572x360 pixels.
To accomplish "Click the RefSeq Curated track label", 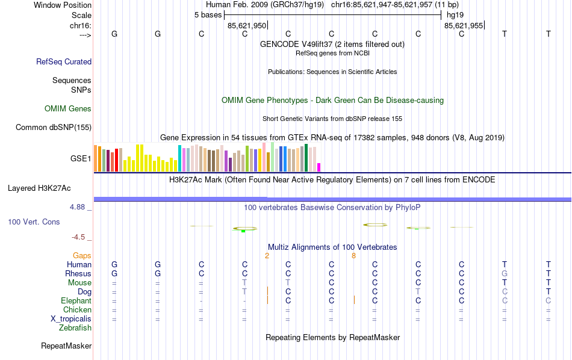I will [64, 61].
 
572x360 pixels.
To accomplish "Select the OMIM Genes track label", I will [68, 109].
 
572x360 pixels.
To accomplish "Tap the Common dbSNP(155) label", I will [54, 127].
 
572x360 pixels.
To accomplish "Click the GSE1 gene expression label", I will [81, 159].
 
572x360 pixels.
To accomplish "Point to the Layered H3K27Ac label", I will [39, 188].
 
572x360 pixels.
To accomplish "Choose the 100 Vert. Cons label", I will [34, 222].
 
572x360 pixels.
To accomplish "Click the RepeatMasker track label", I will [66, 346].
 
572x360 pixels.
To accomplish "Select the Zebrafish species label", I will [75, 328].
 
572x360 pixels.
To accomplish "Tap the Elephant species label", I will [76, 301].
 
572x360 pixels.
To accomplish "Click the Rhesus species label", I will [78, 274].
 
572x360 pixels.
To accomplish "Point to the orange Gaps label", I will [82, 256].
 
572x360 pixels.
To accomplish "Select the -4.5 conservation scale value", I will [79, 237].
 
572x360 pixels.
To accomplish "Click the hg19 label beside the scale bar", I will [455, 14].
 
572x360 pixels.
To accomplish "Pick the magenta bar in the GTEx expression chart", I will [319, 167].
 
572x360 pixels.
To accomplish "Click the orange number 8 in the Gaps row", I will [354, 256].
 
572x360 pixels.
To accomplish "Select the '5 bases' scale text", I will [208, 14].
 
